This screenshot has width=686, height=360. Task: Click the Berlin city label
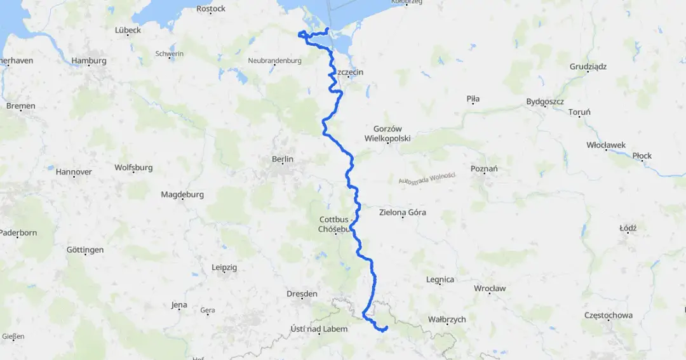pos(283,159)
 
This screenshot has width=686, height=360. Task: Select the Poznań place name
pos(484,168)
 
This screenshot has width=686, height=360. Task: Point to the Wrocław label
pos(490,288)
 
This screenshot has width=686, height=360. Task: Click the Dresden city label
pos(302,294)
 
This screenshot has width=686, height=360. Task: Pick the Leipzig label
pos(224,268)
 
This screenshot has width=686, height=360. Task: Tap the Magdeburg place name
pos(182,194)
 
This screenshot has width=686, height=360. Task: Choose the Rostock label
pos(211,9)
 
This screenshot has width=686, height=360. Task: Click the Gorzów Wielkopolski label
pos(387,133)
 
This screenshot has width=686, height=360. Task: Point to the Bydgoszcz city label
pos(545,102)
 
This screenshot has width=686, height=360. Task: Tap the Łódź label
pos(628,228)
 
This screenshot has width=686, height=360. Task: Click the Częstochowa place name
pos(609,315)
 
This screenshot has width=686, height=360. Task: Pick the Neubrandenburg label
pos(274,60)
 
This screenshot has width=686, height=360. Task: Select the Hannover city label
pos(74,171)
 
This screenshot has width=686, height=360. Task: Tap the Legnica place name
pos(440,279)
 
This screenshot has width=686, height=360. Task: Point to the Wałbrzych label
pos(447,319)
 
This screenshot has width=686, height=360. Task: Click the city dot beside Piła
pos(473,107)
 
